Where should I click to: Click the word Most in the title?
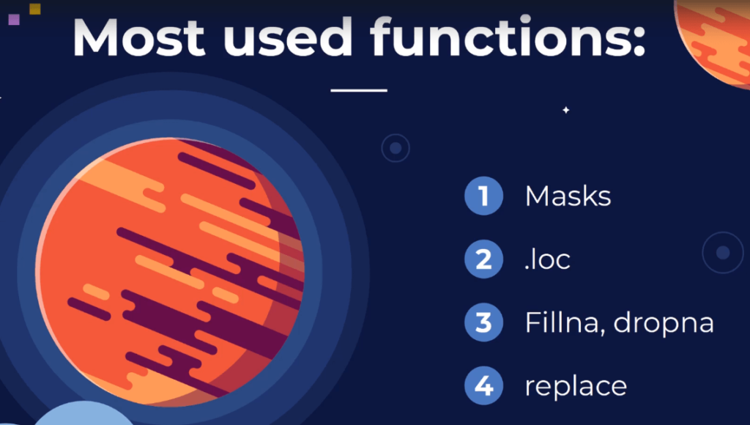(138, 38)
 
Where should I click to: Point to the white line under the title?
(359, 90)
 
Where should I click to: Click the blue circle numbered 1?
(483, 196)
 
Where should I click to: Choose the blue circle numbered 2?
(483, 259)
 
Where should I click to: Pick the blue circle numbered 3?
(483, 322)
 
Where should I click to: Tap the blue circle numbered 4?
(483, 385)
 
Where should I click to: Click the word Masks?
(568, 196)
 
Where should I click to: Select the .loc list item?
(548, 259)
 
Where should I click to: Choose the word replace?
(576, 385)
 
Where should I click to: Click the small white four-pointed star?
(566, 110)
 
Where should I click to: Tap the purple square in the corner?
(14, 19)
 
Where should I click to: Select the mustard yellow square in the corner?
(35, 9)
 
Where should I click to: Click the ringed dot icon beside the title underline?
(396, 148)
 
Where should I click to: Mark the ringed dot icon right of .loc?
(723, 253)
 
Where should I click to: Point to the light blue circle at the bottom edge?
(83, 415)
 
